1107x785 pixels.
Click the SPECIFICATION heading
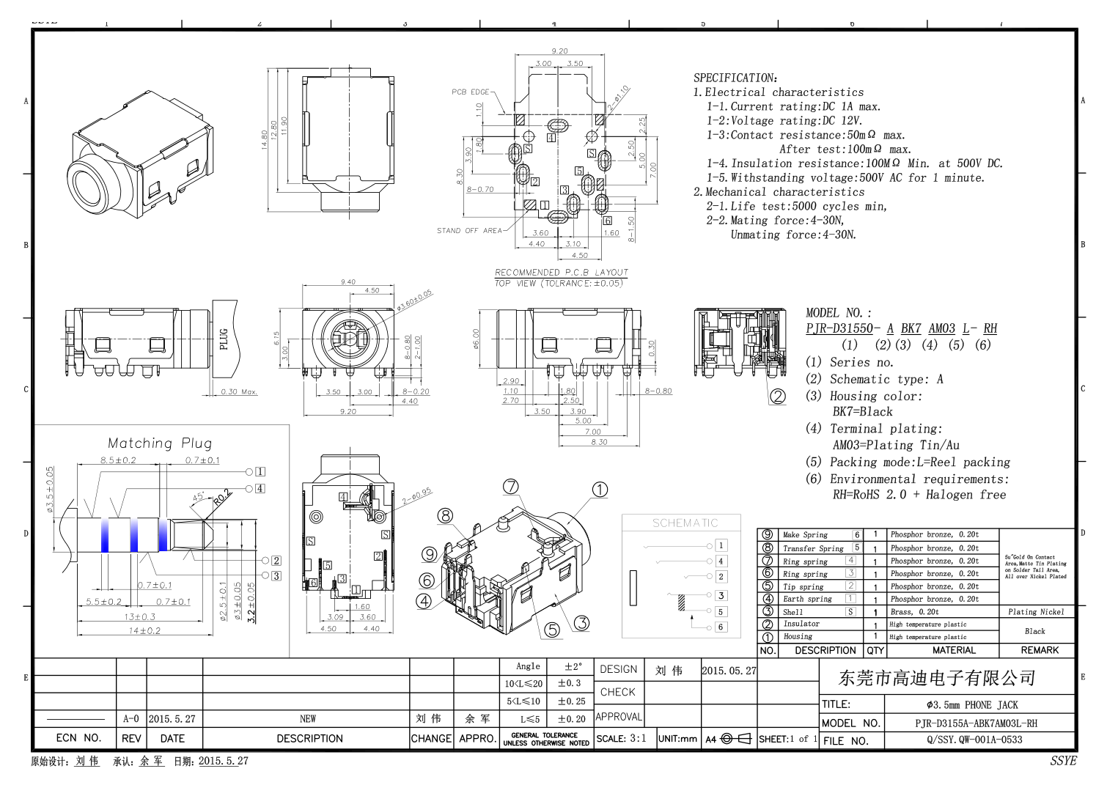[x=735, y=78]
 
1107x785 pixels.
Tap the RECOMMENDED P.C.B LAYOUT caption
[x=562, y=273]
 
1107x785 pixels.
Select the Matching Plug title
[x=160, y=443]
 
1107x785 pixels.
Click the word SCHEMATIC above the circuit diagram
[x=685, y=523]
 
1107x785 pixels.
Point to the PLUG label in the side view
[x=224, y=339]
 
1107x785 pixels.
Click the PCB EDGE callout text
[x=470, y=92]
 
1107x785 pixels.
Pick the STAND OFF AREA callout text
[x=469, y=231]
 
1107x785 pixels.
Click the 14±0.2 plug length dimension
[x=144, y=630]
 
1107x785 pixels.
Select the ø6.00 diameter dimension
[x=476, y=339]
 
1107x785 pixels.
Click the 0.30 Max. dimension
[x=239, y=392]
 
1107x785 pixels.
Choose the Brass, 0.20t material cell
[x=914, y=612]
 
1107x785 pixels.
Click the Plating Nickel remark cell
[x=1036, y=612]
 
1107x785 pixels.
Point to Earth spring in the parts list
[x=807, y=599]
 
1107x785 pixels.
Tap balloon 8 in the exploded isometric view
[x=446, y=515]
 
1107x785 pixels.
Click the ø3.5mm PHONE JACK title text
[x=972, y=705]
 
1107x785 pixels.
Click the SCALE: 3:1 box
[x=622, y=739]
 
